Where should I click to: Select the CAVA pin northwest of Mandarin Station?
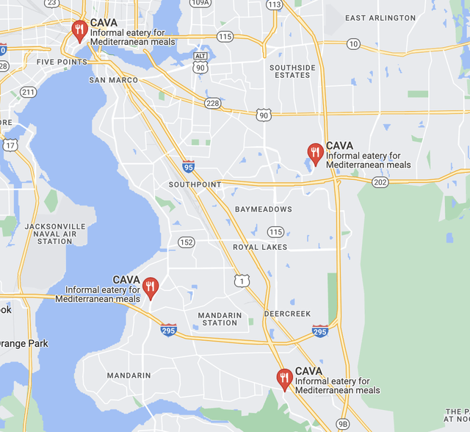coord(151,287)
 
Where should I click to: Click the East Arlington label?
coord(380,18)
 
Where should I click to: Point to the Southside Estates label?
coord(292,71)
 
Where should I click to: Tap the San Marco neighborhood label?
coord(113,80)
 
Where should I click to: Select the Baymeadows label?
coord(263,209)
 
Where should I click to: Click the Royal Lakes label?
coord(260,248)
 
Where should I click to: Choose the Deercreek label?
coord(287,314)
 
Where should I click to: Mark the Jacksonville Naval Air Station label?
coord(55,234)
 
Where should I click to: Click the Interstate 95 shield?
coord(189,167)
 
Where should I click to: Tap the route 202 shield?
coord(380,182)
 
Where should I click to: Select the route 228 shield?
coord(213,103)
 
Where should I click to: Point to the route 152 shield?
coord(186,242)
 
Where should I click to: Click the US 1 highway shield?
coord(242,281)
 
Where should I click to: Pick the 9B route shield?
coord(343,424)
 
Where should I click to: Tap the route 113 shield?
coord(274,4)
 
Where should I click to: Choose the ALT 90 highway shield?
coord(200,62)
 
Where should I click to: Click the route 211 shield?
coord(28,92)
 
